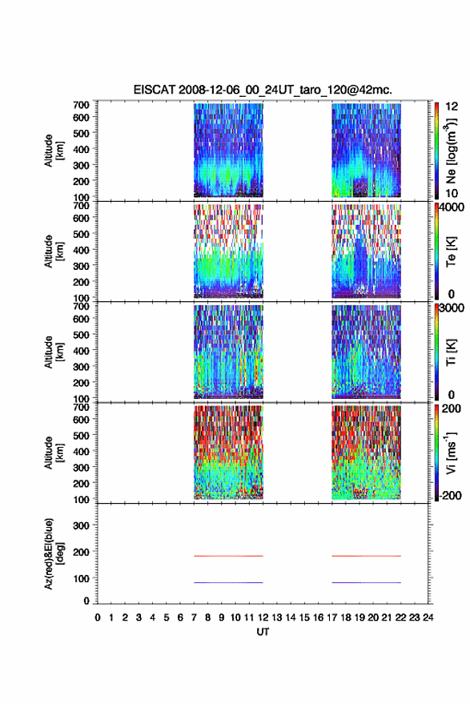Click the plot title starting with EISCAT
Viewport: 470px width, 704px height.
point(263,90)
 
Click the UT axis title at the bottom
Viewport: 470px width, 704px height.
point(263,632)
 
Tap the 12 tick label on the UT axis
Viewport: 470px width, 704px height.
point(263,618)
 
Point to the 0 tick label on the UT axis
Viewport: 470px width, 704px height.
point(98,618)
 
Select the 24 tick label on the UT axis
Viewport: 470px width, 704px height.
point(428,618)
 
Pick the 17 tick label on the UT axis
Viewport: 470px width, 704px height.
point(331,618)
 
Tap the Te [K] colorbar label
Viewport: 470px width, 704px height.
point(451,251)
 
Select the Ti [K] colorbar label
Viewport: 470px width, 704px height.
point(451,352)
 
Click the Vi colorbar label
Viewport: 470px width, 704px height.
point(451,453)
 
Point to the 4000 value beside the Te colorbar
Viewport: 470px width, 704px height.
point(452,207)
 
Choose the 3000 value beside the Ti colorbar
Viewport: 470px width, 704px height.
point(452,308)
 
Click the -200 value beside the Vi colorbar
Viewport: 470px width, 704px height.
point(450,495)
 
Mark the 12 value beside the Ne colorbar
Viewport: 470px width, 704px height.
point(452,107)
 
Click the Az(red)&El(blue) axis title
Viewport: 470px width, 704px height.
point(53,553)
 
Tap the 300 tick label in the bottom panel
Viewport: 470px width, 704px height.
point(81,525)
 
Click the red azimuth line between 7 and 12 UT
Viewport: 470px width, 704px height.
point(228,556)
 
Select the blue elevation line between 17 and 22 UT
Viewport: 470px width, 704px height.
point(366,582)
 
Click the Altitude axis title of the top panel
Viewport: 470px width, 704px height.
point(53,151)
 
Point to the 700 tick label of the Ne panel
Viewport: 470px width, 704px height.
point(81,105)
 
